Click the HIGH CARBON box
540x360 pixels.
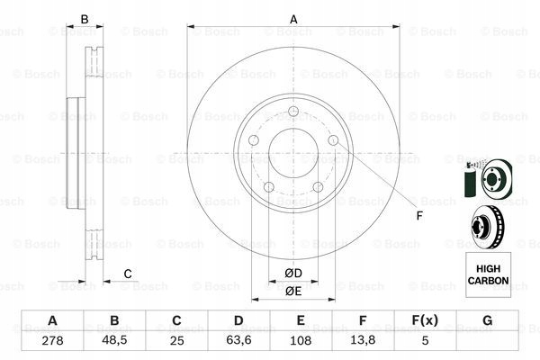[x=488, y=270]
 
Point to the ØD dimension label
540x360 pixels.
[x=294, y=273]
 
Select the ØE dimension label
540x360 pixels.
[x=294, y=291]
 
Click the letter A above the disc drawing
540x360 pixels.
[x=293, y=19]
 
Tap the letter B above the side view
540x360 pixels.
[x=85, y=19]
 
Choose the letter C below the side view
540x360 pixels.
[x=128, y=274]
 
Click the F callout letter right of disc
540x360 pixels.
[x=418, y=216]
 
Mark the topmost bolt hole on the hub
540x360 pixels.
[x=293, y=112]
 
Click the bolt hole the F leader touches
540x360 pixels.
[x=333, y=141]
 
